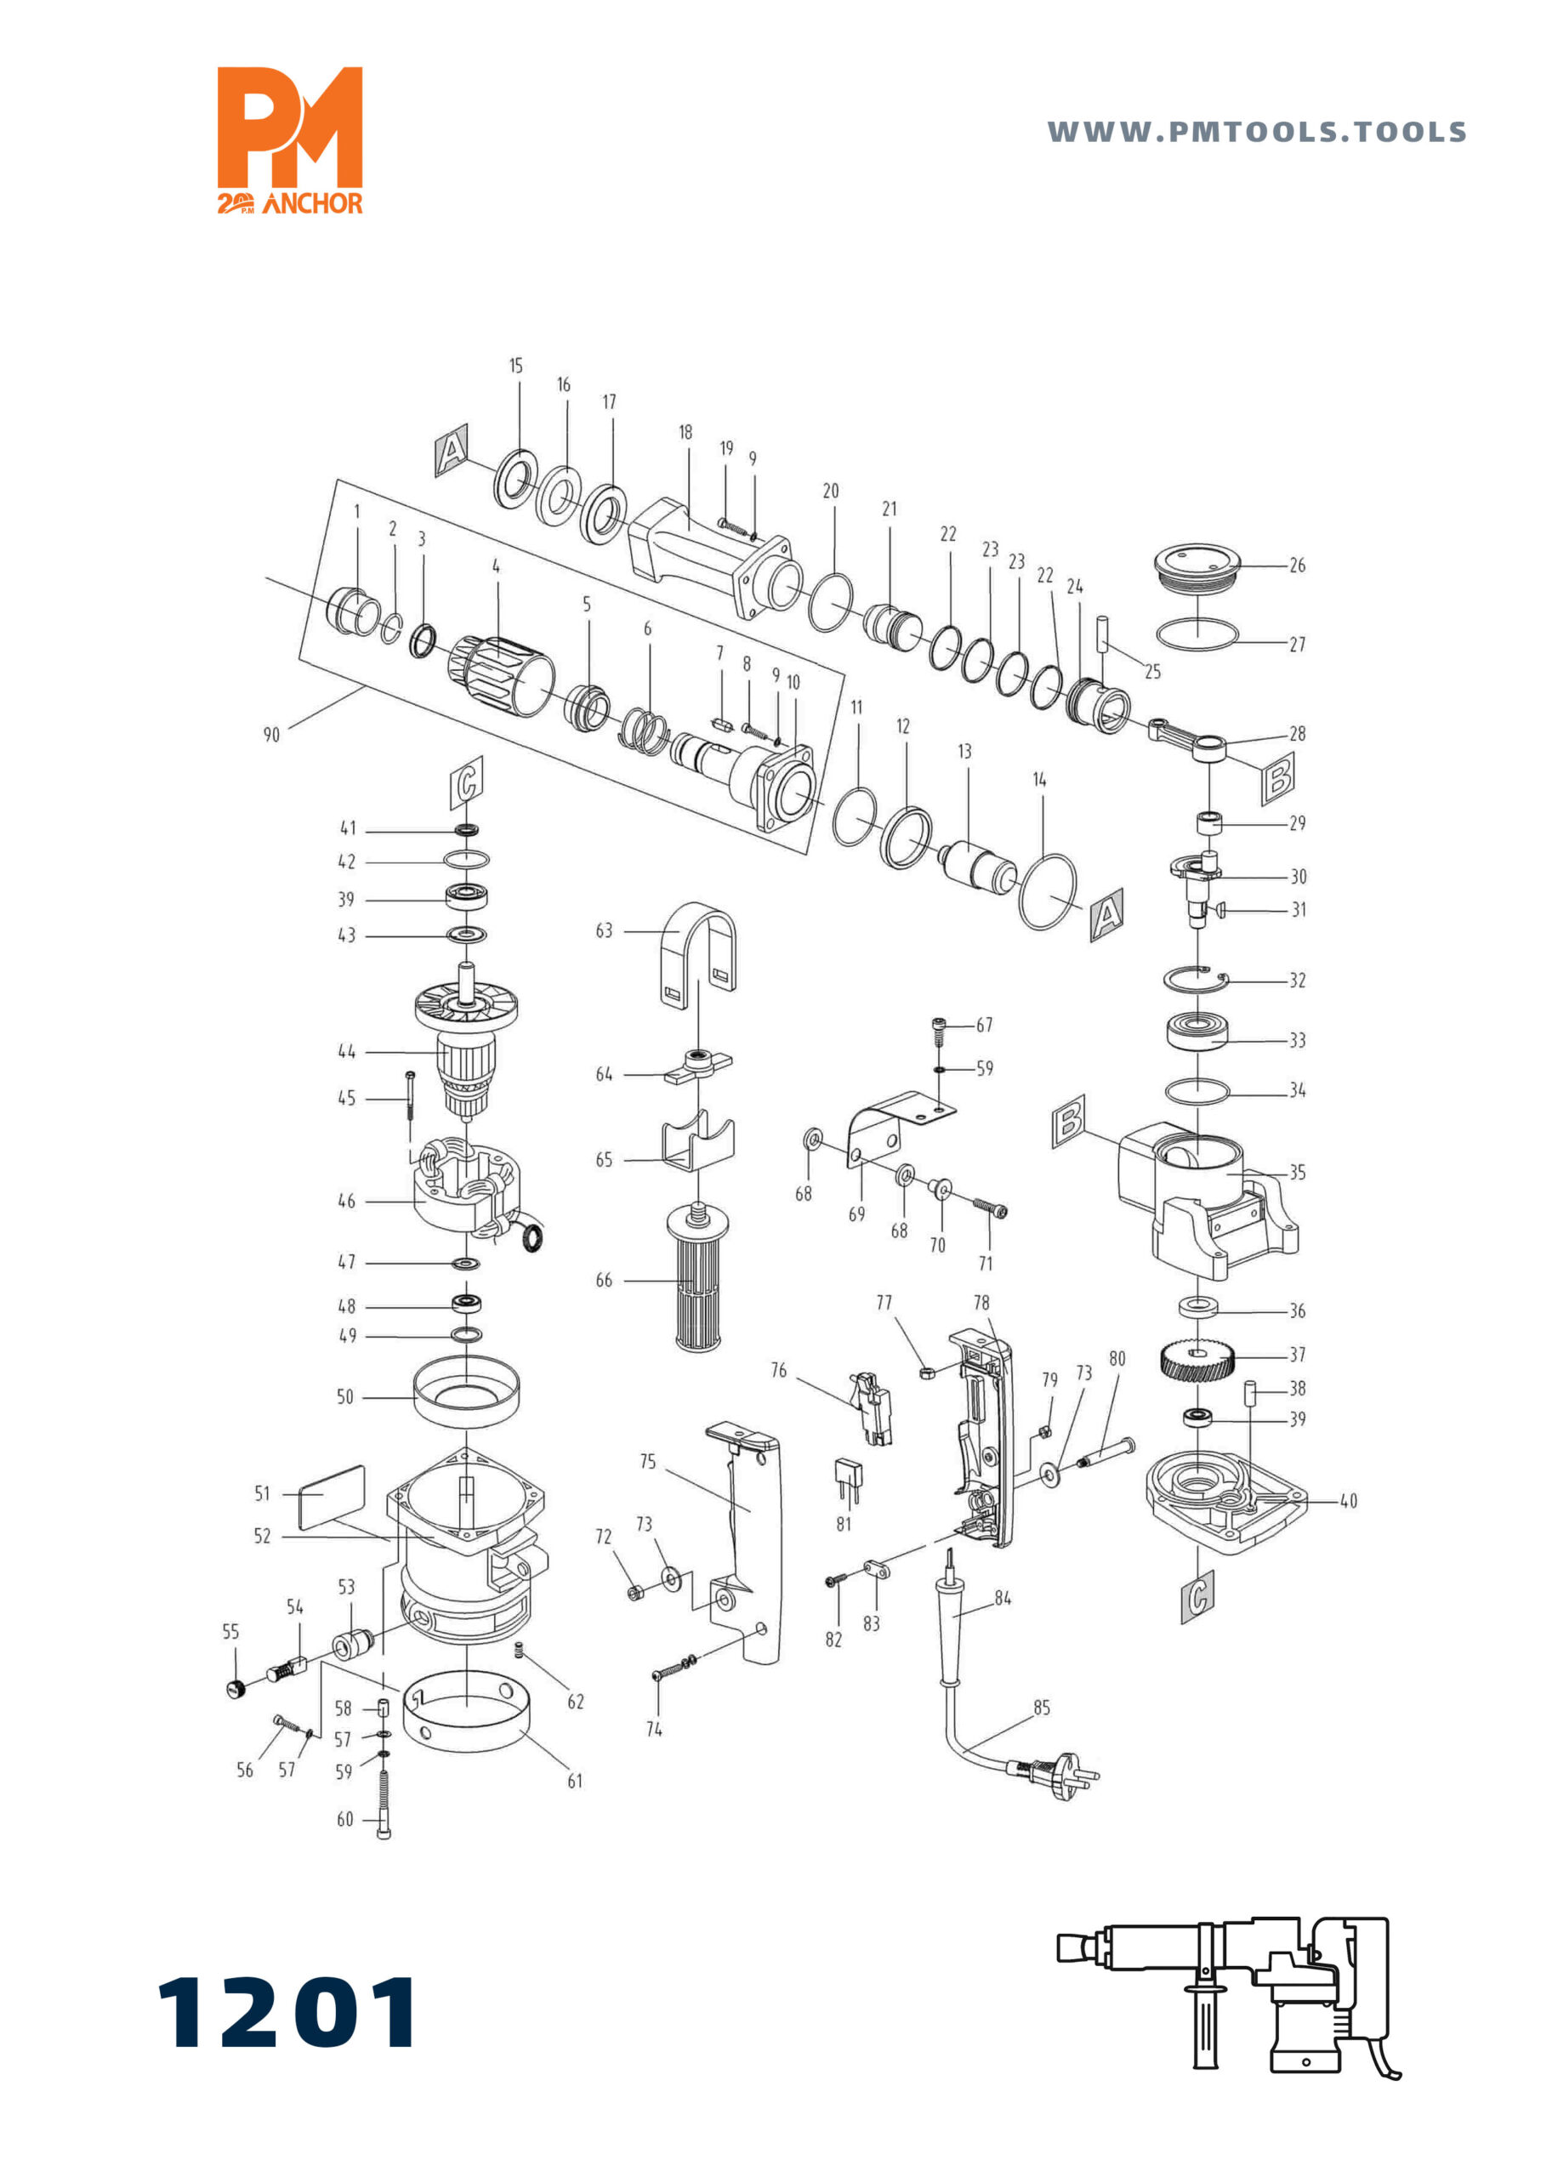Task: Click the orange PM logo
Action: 290,139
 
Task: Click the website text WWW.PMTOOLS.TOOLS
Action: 1257,132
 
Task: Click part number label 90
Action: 271,735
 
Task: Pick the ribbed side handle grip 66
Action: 696,1276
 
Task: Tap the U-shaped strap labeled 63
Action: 698,955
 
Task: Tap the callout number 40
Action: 1348,1500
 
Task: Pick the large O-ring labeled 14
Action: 1048,890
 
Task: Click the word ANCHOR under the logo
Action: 312,203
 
